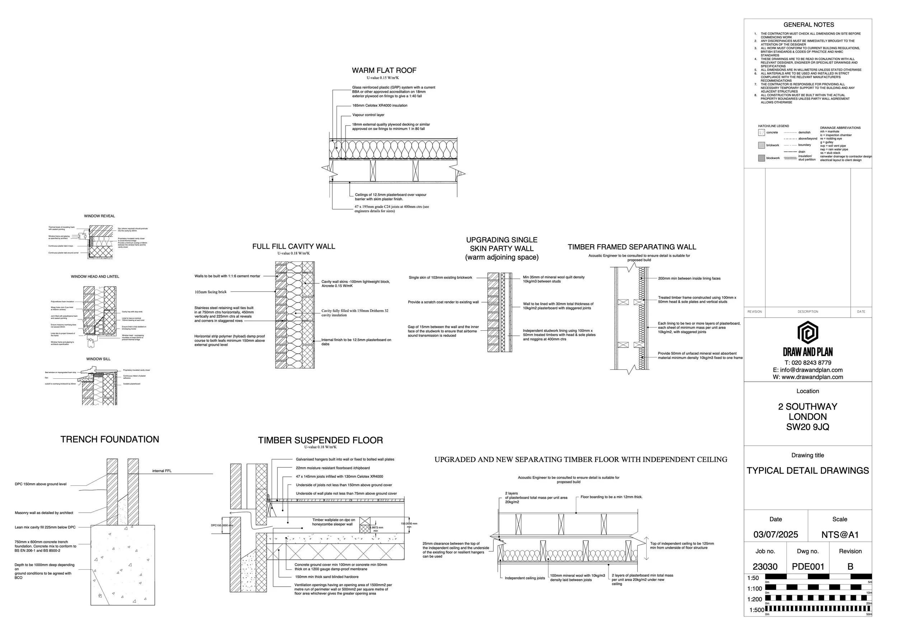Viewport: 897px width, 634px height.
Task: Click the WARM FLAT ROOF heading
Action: (384, 71)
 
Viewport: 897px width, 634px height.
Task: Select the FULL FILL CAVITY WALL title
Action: (293, 247)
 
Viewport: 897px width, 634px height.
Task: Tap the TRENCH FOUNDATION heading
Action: (110, 440)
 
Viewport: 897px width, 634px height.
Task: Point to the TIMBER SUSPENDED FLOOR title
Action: (320, 441)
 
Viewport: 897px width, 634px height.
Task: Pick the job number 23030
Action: (765, 567)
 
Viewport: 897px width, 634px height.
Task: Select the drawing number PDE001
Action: (808, 567)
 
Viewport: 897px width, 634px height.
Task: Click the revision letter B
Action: (850, 567)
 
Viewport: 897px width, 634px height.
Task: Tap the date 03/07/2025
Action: (775, 535)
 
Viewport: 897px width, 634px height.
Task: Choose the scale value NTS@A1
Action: (840, 535)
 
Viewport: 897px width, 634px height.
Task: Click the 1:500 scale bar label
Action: (756, 610)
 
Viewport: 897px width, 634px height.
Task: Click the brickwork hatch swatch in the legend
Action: (761, 145)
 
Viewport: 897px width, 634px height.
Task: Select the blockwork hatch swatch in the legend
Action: (761, 158)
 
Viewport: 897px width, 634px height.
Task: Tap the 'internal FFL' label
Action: (162, 471)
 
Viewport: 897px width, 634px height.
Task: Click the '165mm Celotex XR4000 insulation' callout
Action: (380, 106)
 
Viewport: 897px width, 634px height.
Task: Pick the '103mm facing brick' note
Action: (211, 292)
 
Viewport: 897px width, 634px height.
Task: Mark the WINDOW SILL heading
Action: (98, 359)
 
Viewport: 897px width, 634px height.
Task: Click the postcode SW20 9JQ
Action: (808, 427)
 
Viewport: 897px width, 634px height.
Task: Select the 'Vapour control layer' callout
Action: (368, 115)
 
